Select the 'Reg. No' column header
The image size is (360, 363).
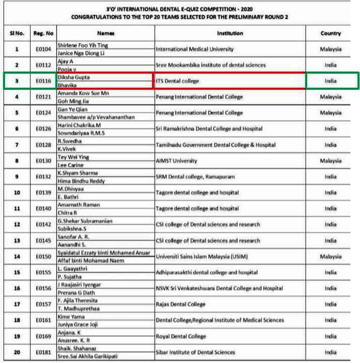pos(43,33)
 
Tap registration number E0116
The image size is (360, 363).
pos(43,81)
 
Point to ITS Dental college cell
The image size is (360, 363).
pos(178,81)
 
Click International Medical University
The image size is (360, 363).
pos(195,49)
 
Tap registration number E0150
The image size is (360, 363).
pos(43,257)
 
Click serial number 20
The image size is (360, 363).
pos(17,352)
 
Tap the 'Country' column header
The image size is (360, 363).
pos(330,33)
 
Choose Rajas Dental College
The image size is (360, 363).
pos(181,305)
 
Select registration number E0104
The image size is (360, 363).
pos(43,49)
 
